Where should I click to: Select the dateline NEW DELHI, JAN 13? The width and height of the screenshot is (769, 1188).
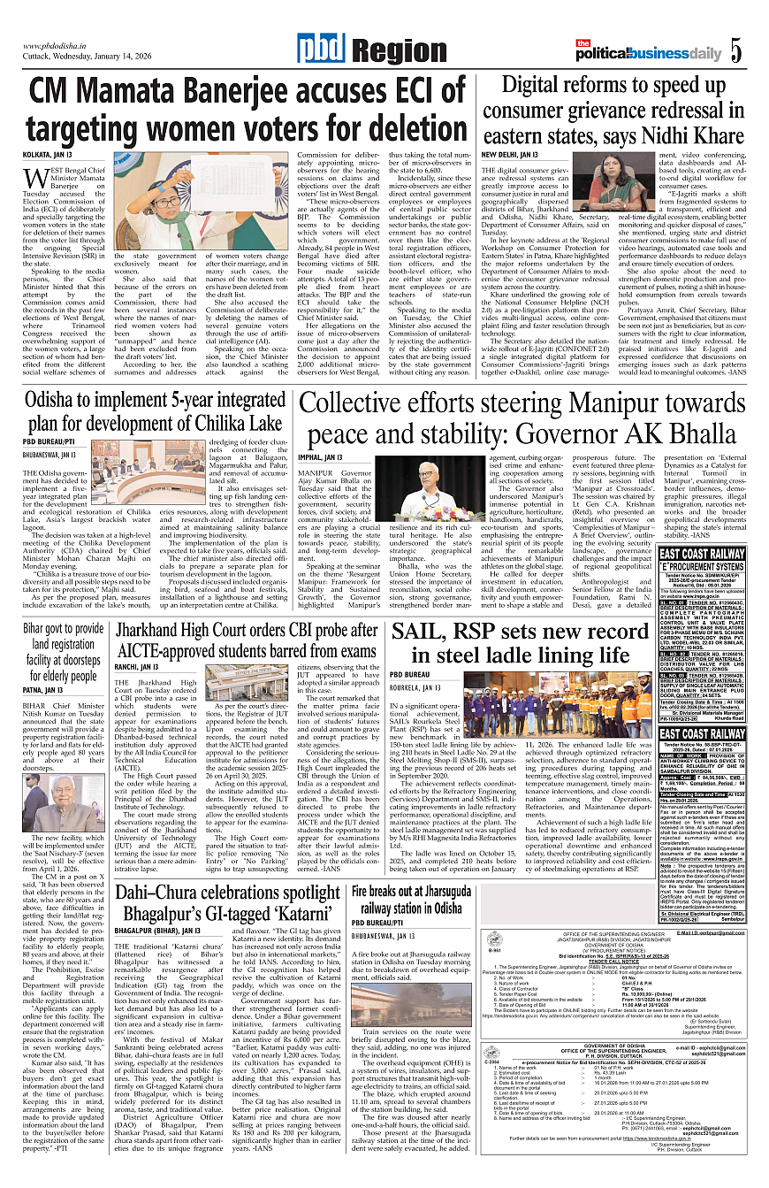point(509,154)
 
